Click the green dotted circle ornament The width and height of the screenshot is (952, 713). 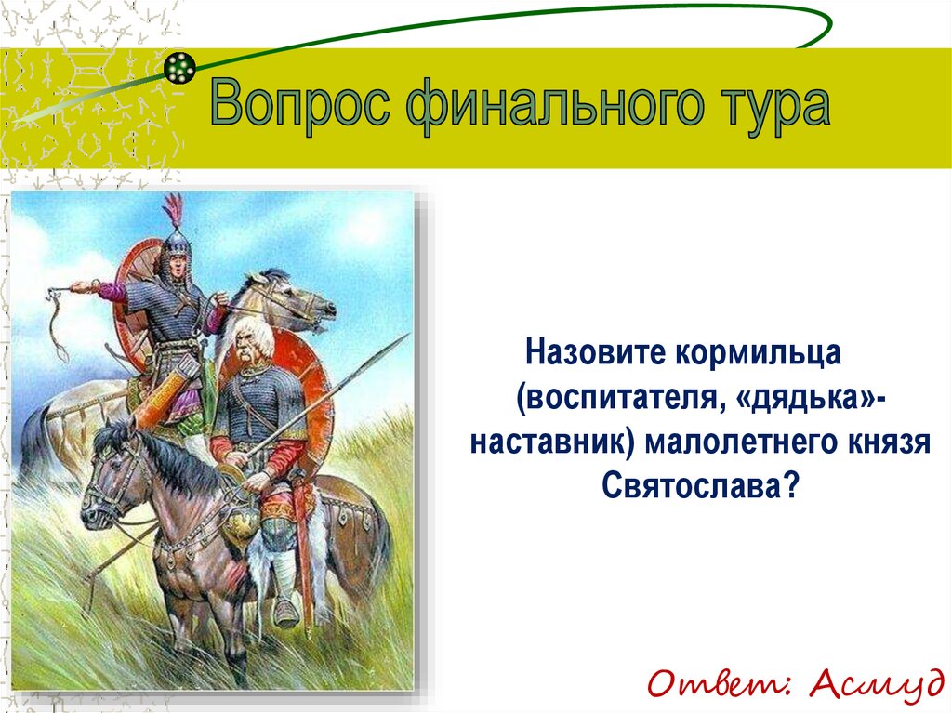point(180,67)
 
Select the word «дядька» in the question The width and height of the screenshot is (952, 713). point(810,398)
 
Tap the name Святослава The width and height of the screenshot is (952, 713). point(699,485)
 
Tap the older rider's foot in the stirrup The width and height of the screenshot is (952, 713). point(284,611)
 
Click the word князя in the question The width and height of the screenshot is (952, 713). point(893,442)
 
